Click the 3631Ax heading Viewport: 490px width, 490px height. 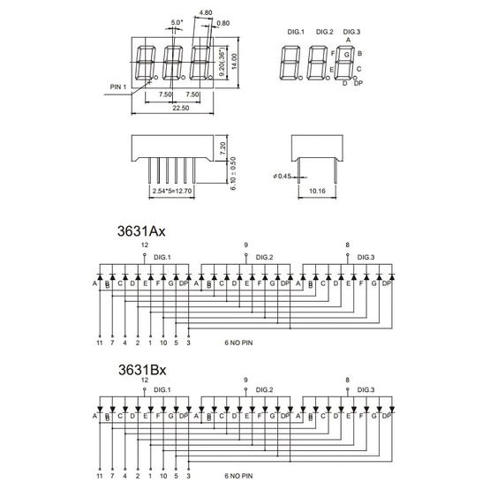click(141, 231)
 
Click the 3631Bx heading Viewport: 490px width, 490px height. click(142, 370)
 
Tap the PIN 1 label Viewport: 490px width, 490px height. click(118, 87)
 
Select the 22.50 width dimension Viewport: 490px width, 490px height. click(181, 108)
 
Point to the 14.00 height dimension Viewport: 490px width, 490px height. click(234, 61)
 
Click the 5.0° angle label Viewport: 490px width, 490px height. click(177, 22)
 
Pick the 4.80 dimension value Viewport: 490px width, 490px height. click(206, 12)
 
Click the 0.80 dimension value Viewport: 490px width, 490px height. click(223, 23)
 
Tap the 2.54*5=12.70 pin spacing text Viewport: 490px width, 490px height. click(172, 191)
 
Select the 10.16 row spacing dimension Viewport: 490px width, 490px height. click(317, 191)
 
